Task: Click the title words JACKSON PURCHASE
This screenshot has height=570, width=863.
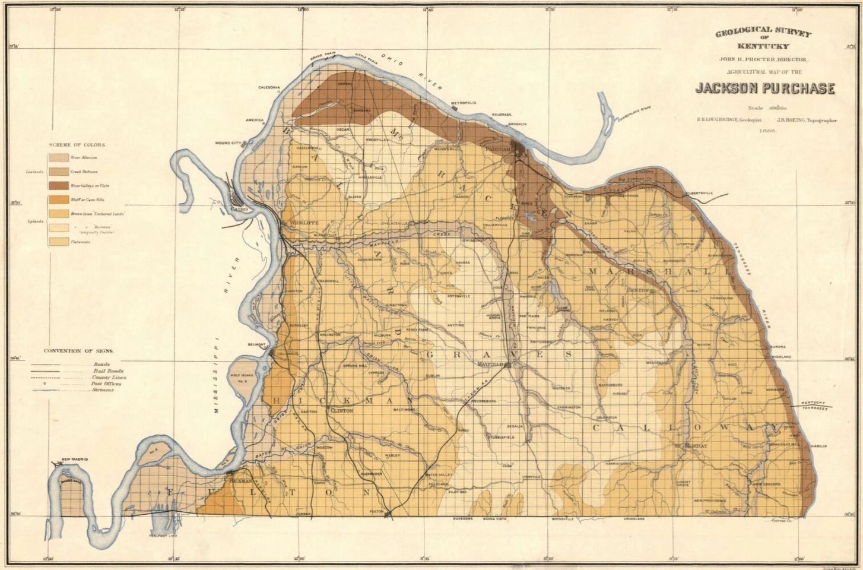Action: [765, 88]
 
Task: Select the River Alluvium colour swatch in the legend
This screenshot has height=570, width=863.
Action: [58, 158]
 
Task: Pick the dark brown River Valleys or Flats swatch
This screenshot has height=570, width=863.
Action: [58, 186]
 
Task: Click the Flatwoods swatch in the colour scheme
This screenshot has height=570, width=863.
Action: [58, 242]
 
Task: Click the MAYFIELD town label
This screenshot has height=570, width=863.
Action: [490, 362]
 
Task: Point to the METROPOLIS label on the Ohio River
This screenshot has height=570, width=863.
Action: [464, 103]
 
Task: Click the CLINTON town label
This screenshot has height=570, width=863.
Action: [341, 410]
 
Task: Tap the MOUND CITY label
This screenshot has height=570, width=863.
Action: [229, 143]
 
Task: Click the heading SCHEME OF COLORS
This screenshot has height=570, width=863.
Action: [77, 145]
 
